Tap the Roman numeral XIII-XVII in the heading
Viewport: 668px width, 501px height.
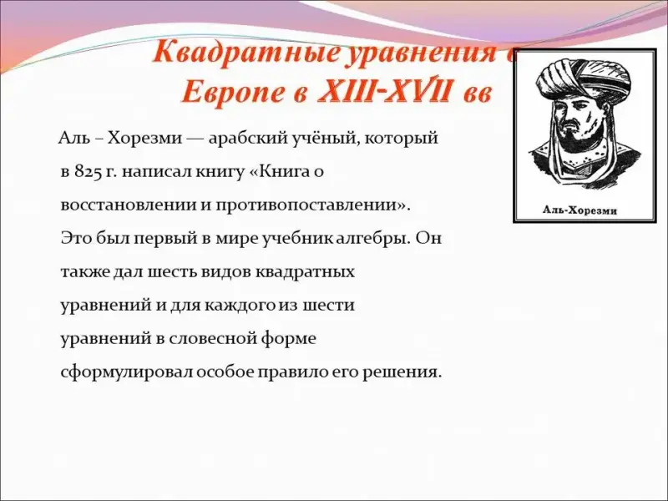(383, 92)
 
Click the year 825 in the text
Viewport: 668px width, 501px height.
(89, 172)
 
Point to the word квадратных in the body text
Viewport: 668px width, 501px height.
(305, 272)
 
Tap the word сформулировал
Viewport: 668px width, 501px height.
(127, 372)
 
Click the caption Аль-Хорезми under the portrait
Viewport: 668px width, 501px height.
(579, 210)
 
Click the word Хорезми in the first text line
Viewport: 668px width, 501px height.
(144, 139)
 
